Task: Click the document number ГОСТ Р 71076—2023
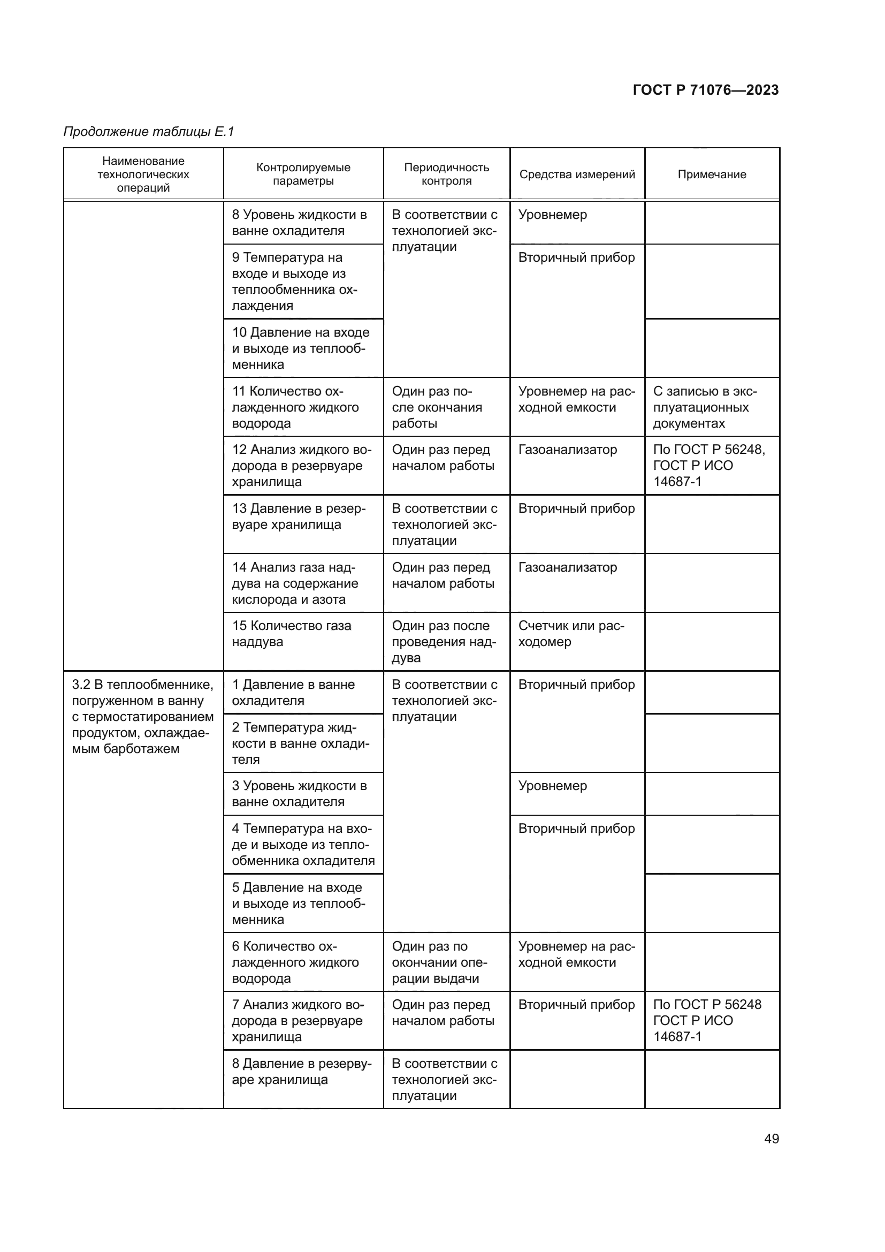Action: pos(706,90)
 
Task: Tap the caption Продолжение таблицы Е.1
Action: pos(149,132)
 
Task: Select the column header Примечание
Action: pos(712,174)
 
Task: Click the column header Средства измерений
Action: pos(577,174)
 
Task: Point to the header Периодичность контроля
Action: pos(446,174)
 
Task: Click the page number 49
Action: pos(771,1139)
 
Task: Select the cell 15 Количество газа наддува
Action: pos(292,634)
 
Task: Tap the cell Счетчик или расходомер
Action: pos(571,634)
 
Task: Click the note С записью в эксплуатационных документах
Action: pos(705,407)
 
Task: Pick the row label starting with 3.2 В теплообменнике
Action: pos(143,717)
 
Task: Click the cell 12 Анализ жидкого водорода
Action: pos(301,466)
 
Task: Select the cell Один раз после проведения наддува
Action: pos(444,642)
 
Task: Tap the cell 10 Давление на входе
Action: pos(300,348)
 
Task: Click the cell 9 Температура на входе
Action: pos(294,282)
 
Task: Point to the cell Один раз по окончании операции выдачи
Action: pos(439,962)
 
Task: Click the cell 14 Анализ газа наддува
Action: pos(295,583)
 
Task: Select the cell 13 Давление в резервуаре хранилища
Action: pos(299,517)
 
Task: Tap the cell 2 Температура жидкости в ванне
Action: pos(300,743)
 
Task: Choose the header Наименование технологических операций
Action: pos(143,174)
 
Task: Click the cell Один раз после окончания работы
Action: pos(437,407)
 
